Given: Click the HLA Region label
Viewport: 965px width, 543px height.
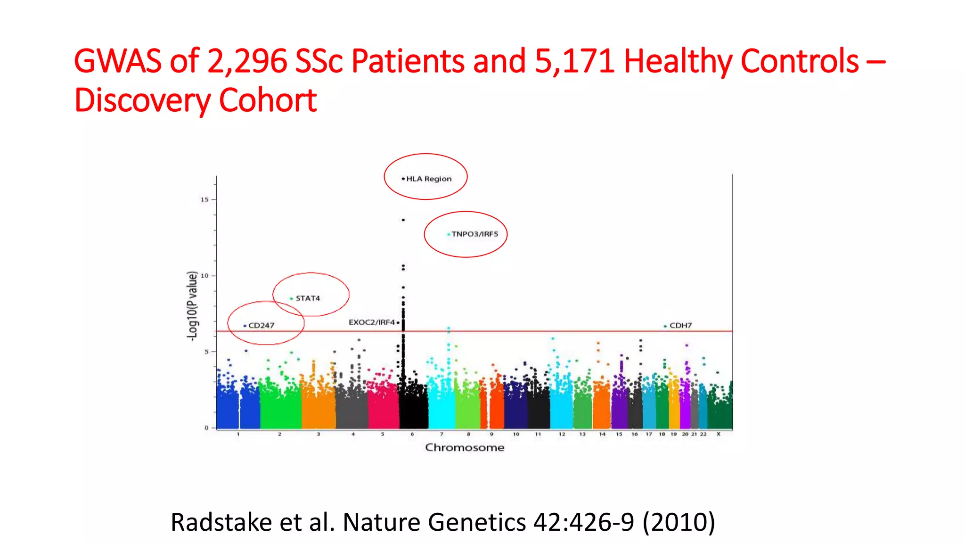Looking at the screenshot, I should (x=429, y=179).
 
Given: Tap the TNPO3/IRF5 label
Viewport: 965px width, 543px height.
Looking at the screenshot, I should (x=474, y=234).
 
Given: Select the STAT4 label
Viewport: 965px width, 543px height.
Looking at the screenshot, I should (x=308, y=298).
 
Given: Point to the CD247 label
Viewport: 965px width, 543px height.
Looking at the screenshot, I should (x=261, y=326).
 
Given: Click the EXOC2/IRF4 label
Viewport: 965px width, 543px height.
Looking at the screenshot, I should (x=371, y=322).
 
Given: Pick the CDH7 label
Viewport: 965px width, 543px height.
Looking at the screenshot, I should (x=680, y=326).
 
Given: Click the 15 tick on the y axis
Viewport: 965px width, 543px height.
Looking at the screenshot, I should (x=204, y=200).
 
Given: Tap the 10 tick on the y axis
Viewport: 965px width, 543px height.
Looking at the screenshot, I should (x=204, y=276).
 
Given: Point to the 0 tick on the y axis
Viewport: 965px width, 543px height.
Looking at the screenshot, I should (x=206, y=428).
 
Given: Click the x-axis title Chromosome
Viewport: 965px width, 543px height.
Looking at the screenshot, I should (x=465, y=448).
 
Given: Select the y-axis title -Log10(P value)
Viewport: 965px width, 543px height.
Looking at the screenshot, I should (x=192, y=306).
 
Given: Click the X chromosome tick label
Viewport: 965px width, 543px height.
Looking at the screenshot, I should (x=718, y=434).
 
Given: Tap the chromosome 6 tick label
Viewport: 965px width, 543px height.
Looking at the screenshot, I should (x=412, y=434).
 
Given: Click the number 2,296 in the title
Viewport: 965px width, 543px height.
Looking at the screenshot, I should (x=247, y=61).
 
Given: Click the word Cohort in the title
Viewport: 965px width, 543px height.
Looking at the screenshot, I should (x=268, y=100).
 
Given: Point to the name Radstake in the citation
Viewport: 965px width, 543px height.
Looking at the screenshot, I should (x=221, y=522).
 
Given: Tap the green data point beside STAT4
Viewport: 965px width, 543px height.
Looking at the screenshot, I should (x=291, y=299).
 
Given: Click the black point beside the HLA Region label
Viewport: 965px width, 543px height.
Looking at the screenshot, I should (x=403, y=179).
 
